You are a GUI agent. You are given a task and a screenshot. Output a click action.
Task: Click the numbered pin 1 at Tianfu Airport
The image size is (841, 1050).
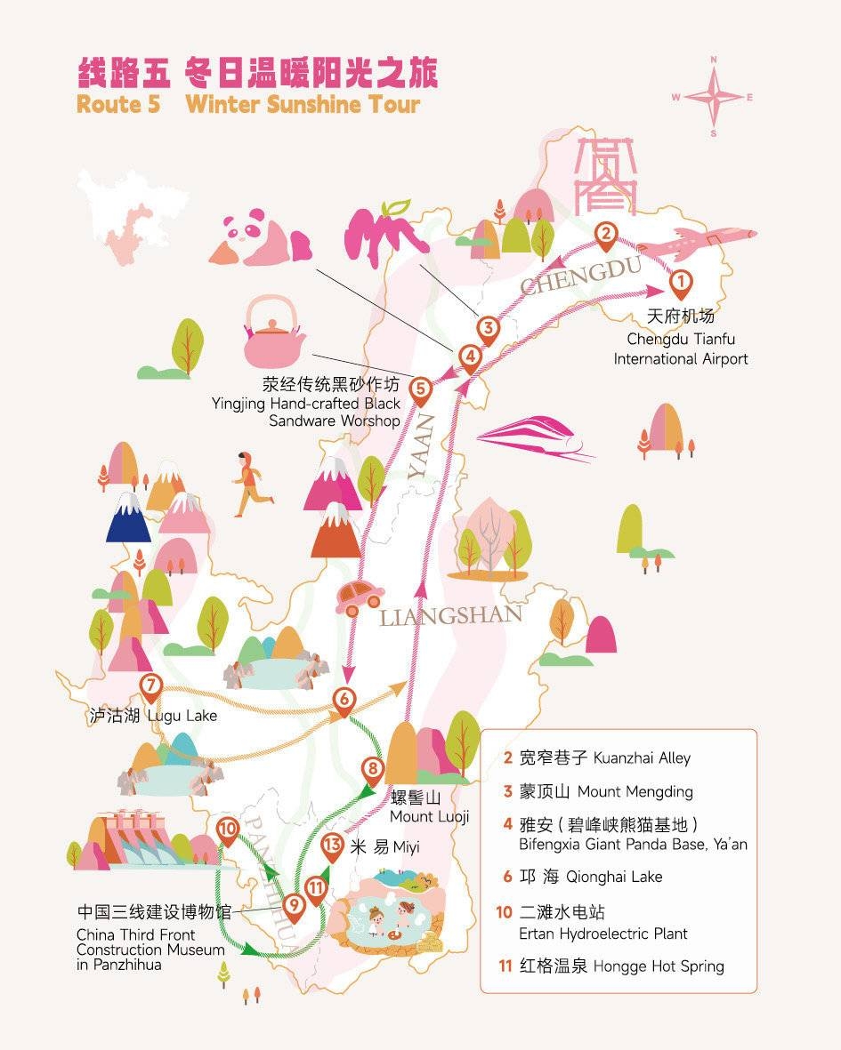[680, 284]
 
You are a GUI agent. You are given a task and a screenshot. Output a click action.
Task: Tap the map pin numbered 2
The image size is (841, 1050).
[605, 236]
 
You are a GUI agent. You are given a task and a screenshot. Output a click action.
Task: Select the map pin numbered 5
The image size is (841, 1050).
[420, 390]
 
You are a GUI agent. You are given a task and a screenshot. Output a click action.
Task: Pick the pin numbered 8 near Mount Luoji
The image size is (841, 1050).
[373, 770]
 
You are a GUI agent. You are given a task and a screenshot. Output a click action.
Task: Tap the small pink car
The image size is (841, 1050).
[360, 597]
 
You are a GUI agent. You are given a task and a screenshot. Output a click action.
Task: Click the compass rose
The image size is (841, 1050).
[713, 97]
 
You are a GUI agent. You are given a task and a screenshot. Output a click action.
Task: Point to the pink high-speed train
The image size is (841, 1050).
[536, 438]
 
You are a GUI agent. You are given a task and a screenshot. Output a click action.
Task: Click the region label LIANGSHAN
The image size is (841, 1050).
[450, 615]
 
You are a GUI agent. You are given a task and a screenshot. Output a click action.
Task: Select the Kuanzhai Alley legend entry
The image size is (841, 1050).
[597, 758]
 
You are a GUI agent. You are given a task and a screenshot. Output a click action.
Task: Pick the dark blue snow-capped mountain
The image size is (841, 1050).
[129, 517]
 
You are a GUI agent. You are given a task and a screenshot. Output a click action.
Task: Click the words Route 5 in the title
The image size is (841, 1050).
[118, 104]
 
